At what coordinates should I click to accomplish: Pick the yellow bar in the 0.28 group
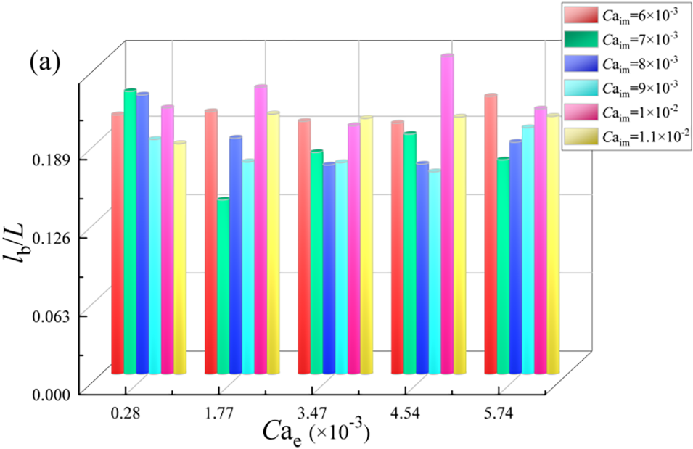(179, 258)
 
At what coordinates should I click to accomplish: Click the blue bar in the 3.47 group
(329, 268)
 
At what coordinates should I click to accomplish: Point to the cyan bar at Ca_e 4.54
(435, 272)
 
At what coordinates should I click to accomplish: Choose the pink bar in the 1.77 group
(261, 229)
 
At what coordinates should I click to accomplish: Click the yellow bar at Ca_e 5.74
(553, 244)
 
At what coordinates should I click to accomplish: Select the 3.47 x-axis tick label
(314, 414)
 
